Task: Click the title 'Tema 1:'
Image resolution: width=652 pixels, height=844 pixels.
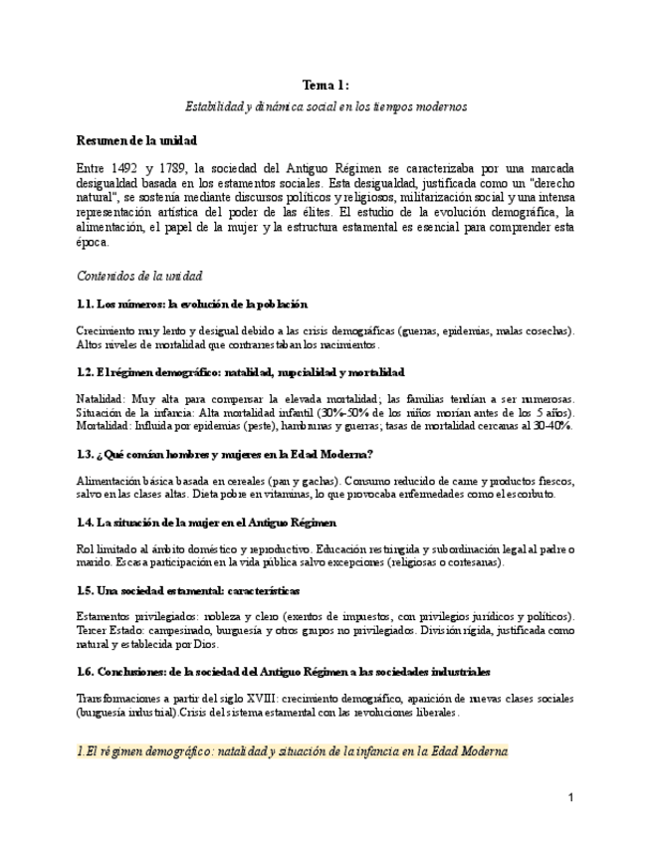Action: [326, 86]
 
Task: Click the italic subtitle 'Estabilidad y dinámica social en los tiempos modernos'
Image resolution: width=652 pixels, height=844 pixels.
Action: [326, 105]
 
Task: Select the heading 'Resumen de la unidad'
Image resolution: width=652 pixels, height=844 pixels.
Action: [136, 140]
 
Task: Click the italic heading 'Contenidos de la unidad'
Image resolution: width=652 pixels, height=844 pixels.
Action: [139, 276]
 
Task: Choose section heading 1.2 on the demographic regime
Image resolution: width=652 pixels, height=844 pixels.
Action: [240, 372]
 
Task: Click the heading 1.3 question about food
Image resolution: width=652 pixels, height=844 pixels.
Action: [224, 454]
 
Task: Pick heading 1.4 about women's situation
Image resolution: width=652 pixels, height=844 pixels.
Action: [206, 522]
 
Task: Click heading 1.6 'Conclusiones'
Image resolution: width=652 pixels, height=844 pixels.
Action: [283, 672]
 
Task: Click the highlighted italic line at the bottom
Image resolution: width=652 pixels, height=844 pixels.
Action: [293, 751]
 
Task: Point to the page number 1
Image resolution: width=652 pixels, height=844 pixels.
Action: [571, 798]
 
